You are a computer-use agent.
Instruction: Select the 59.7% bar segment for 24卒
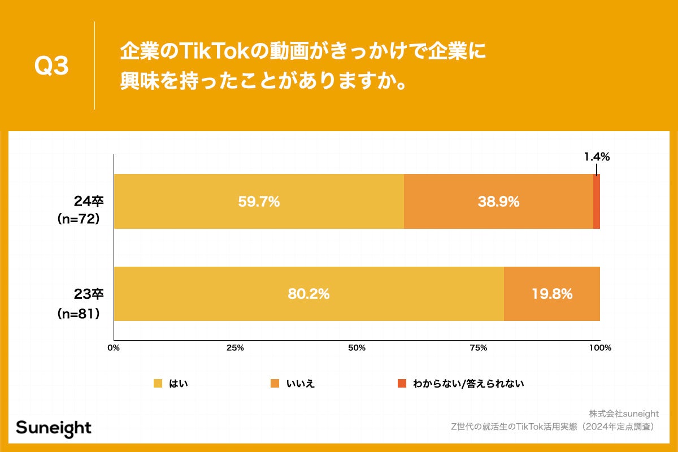click(x=259, y=201)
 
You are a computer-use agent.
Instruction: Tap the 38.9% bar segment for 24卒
click(x=498, y=201)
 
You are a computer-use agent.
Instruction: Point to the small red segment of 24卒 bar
click(x=597, y=201)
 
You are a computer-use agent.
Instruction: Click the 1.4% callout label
click(x=597, y=157)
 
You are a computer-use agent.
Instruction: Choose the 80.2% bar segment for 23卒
click(x=308, y=294)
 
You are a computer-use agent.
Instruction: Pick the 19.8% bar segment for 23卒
click(x=551, y=294)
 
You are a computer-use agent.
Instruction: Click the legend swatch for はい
click(x=158, y=384)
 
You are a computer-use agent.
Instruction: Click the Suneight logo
click(x=54, y=428)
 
